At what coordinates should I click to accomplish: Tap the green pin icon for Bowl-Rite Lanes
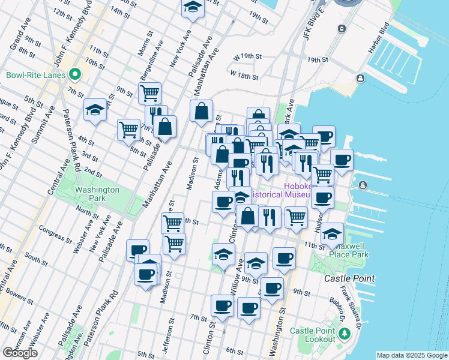tap(74, 75)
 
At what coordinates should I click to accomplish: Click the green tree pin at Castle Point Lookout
tap(345, 333)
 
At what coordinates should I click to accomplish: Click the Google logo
tap(20, 353)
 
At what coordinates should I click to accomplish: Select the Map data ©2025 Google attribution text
tap(411, 355)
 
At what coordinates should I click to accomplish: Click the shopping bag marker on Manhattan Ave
tap(201, 111)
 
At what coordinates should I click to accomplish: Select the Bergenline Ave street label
tap(151, 58)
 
